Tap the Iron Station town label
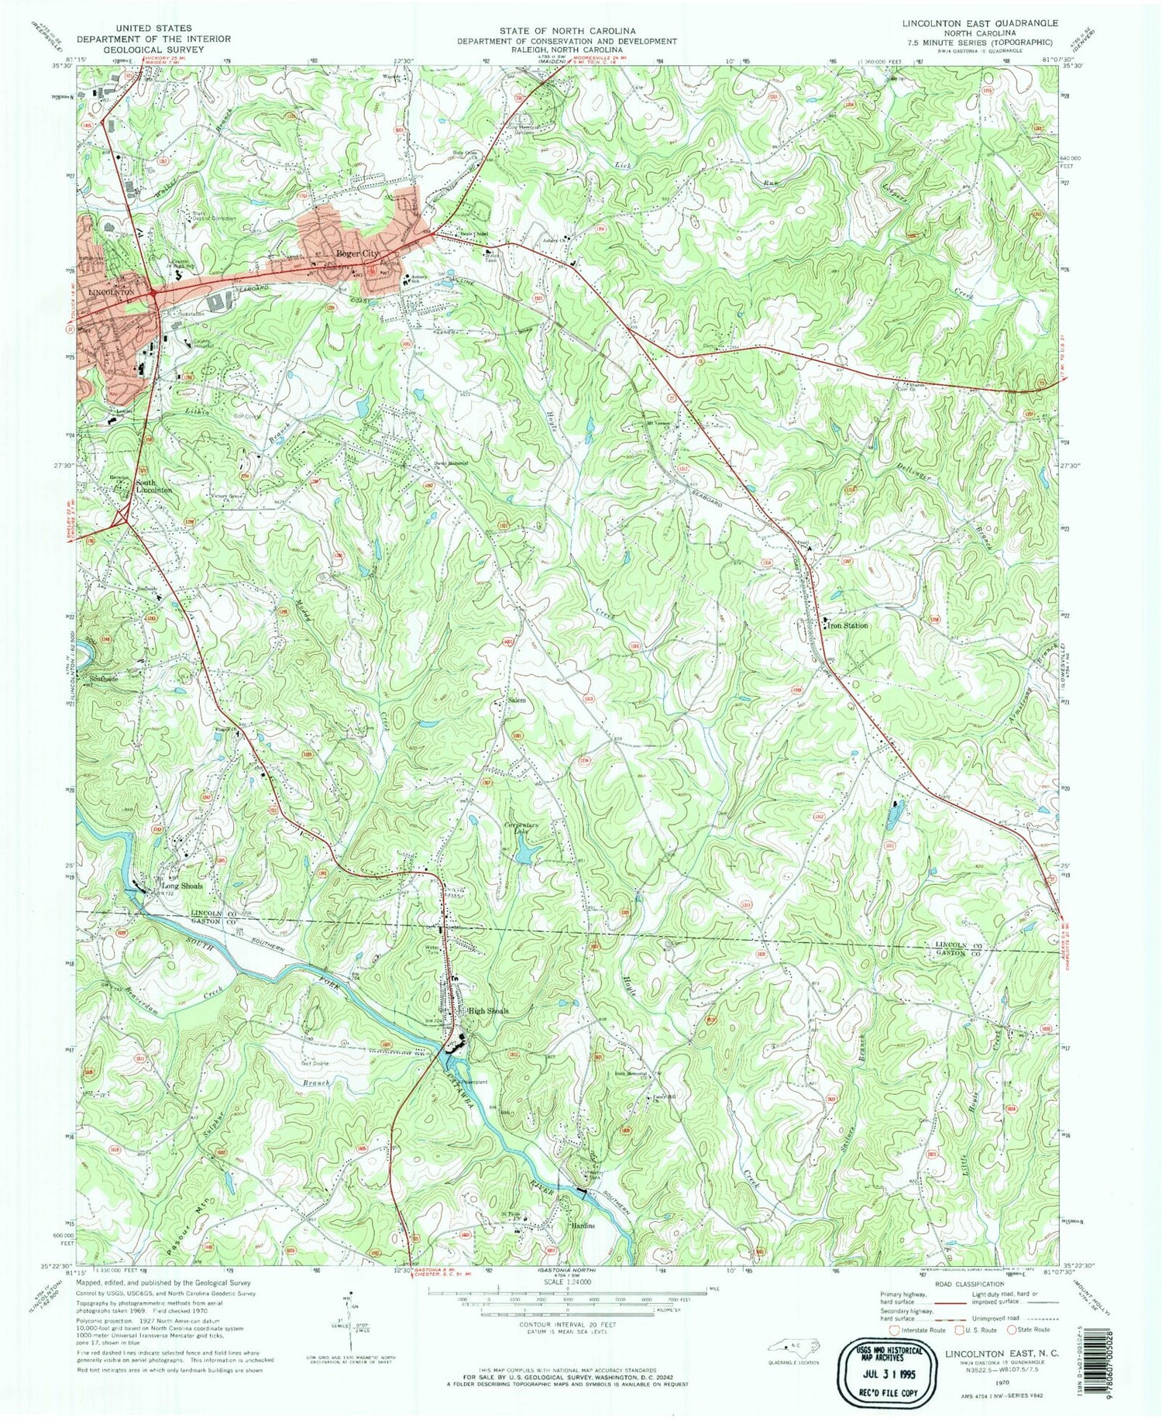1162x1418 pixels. click(847, 625)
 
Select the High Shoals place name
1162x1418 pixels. click(487, 1011)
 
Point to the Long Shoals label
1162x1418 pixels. click(182, 886)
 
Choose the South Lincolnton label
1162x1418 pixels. click(154, 486)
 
